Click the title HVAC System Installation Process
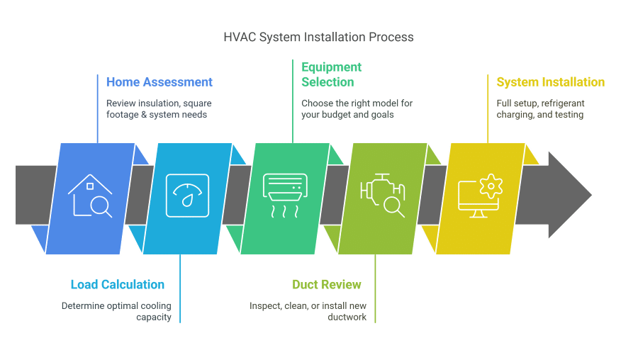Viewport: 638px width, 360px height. click(318, 37)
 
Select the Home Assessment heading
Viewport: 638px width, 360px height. click(159, 82)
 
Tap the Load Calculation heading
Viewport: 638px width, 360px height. click(118, 284)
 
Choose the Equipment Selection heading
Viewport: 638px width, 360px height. click(332, 74)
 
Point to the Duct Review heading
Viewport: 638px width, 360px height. click(327, 284)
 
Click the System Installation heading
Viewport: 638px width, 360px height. click(551, 82)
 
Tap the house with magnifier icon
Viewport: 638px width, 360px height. click(90, 196)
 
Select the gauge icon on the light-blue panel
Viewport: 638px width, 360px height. click(188, 196)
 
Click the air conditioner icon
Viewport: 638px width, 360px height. click(285, 196)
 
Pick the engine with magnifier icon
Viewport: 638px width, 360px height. click(383, 196)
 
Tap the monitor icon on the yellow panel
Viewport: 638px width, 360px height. click(480, 196)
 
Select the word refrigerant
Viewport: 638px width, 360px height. click(562, 103)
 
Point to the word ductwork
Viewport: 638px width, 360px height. click(347, 317)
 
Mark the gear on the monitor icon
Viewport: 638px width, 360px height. click(491, 186)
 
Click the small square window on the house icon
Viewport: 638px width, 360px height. click(90, 186)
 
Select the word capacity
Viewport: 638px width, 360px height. click(154, 317)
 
